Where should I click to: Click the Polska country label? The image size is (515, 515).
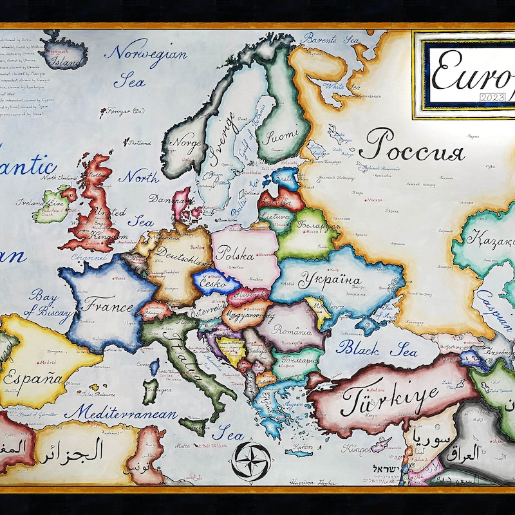pos(236,253)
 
